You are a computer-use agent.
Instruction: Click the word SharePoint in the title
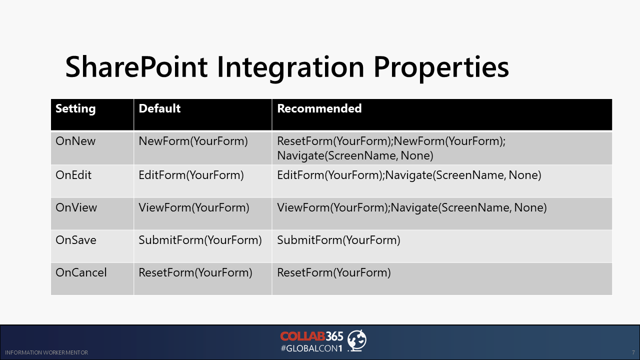pos(136,66)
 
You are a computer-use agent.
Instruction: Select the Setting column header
pos(75,109)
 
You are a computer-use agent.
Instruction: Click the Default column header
pos(159,108)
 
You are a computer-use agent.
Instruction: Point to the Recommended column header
pos(319,108)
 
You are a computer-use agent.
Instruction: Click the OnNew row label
pos(75,141)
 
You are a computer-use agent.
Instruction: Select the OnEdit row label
pos(73,175)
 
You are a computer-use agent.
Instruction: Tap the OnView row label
pos(76,207)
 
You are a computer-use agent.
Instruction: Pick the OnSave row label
pos(76,240)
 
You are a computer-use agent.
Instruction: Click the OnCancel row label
pos(81,272)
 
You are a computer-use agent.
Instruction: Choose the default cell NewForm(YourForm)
pos(193,141)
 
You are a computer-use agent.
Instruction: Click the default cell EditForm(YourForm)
pos(191,175)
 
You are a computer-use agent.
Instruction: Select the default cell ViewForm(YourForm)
pos(194,207)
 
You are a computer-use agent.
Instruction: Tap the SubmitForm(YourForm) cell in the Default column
pos(200,240)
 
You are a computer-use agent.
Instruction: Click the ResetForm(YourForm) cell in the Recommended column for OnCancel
pos(334,272)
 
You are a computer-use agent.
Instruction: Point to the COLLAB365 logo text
pos(311,336)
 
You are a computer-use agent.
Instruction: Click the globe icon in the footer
pos(357,340)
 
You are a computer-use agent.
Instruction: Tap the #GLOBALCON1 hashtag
pos(311,348)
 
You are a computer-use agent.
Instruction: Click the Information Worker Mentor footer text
pos(46,352)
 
